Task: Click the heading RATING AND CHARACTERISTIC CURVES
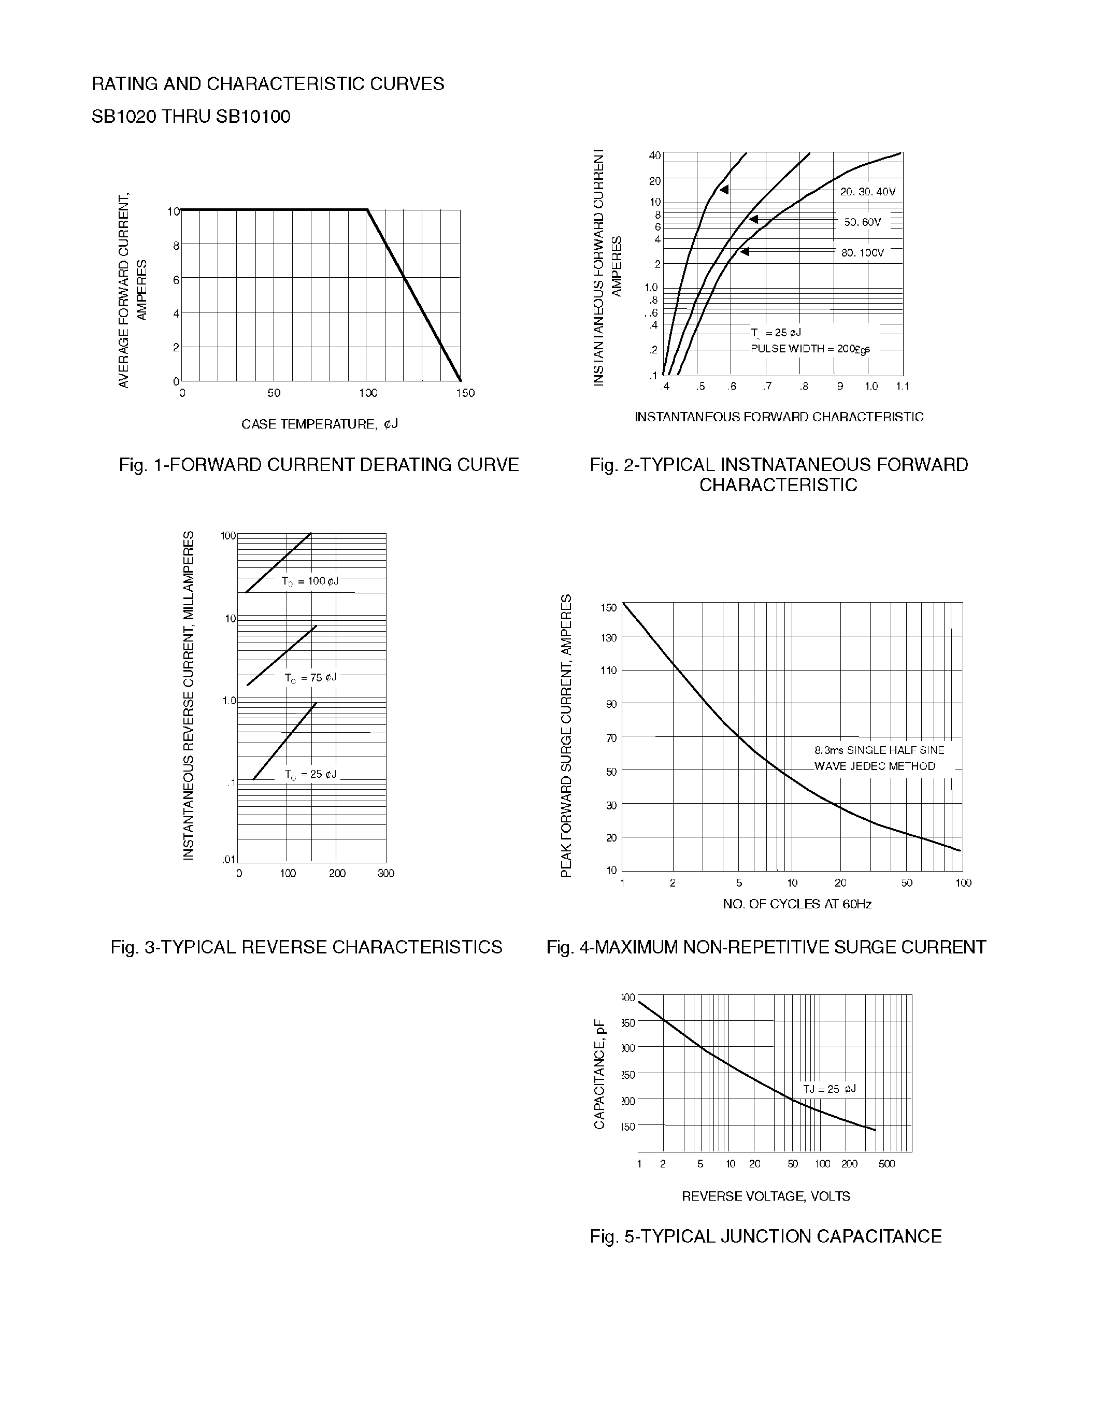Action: point(267,84)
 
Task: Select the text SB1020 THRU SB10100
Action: point(191,117)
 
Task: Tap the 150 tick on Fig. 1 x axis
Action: point(465,393)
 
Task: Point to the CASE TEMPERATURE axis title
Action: point(319,424)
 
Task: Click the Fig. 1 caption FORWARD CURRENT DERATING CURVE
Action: point(318,465)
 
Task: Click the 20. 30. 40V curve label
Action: point(867,192)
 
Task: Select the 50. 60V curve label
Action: point(862,222)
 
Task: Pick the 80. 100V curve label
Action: point(862,252)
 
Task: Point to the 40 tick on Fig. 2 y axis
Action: point(654,155)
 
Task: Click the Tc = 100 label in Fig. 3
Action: point(310,581)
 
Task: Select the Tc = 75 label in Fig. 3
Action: point(310,677)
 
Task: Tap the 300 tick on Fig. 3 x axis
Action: point(385,873)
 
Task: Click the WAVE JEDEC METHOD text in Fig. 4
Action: point(875,766)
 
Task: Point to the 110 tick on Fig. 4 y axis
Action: point(608,670)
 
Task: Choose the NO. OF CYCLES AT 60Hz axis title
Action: point(796,904)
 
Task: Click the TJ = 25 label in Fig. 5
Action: point(829,1089)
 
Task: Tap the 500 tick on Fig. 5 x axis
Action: point(886,1163)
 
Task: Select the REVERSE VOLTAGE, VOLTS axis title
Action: point(766,1196)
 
